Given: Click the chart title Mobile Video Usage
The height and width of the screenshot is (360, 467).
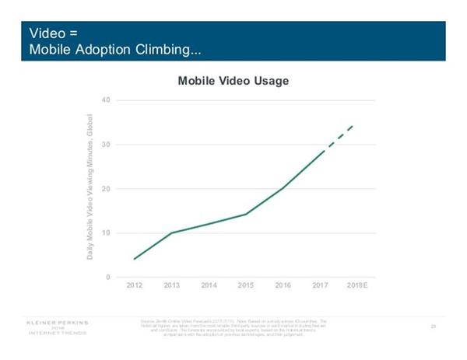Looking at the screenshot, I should pyautogui.click(x=233, y=81).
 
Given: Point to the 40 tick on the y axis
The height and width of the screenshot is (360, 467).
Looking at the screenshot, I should pyautogui.click(x=107, y=100).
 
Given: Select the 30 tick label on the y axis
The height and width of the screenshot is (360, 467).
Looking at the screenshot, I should pyautogui.click(x=107, y=145).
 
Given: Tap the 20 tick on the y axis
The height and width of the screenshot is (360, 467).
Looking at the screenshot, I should pyautogui.click(x=107, y=189).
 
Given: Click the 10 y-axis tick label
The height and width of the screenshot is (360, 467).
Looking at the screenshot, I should pyautogui.click(x=107, y=233).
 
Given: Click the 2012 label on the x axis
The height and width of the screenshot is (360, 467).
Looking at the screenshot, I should pyautogui.click(x=135, y=287).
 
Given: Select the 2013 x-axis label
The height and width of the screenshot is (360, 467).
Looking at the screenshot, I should pyautogui.click(x=171, y=287).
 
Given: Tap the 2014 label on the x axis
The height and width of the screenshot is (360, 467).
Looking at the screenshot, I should pyautogui.click(x=209, y=287).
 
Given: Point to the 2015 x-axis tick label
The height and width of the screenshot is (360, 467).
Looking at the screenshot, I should pyautogui.click(x=246, y=287).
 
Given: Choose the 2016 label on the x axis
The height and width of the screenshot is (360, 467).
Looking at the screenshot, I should pyautogui.click(x=283, y=287).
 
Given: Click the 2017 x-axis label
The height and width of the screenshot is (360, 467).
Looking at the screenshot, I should pyautogui.click(x=320, y=287).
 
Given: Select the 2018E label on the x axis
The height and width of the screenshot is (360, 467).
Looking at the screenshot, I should pyautogui.click(x=356, y=287).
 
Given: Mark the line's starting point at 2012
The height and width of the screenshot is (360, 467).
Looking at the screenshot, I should pyautogui.click(x=135, y=259).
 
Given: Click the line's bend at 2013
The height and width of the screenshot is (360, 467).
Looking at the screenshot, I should pyautogui.click(x=171, y=232).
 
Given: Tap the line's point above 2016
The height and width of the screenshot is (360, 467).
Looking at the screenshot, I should pyautogui.click(x=283, y=188).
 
